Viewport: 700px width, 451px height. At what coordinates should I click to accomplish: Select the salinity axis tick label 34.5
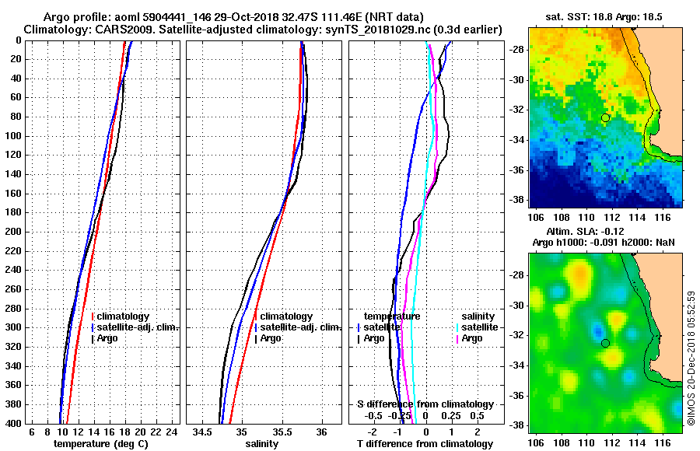[x=203, y=432]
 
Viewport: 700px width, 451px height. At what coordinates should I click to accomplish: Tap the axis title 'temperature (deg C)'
[x=100, y=443]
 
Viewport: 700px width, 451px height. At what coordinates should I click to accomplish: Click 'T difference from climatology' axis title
[x=425, y=443]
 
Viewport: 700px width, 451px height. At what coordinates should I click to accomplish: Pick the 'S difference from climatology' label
[x=425, y=404]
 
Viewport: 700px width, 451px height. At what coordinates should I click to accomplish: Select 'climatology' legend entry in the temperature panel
[x=124, y=316]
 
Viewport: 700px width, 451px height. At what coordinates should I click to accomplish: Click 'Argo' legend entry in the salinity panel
[x=271, y=338]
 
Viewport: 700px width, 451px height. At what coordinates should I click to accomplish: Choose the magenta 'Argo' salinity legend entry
[x=471, y=338]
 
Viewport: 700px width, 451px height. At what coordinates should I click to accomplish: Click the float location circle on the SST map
[x=605, y=117]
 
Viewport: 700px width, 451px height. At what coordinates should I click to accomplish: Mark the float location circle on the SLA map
[x=605, y=343]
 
